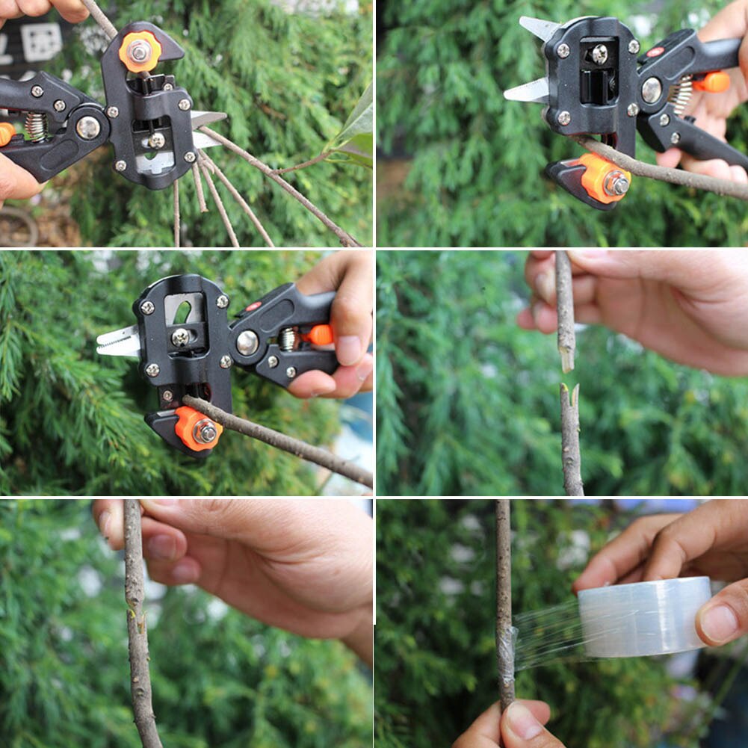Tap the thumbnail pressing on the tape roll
(x=720, y=623)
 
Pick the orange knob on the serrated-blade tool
(x=197, y=429)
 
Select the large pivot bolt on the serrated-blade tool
(x=247, y=342)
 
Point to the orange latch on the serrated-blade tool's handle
(x=320, y=335)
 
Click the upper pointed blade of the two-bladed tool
(x=540, y=29)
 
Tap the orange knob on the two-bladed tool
(x=605, y=179)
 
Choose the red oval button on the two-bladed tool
(x=655, y=52)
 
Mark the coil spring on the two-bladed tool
(x=681, y=96)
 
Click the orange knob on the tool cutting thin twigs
(x=140, y=51)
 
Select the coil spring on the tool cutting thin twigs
(x=35, y=126)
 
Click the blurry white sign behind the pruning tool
(x=41, y=42)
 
